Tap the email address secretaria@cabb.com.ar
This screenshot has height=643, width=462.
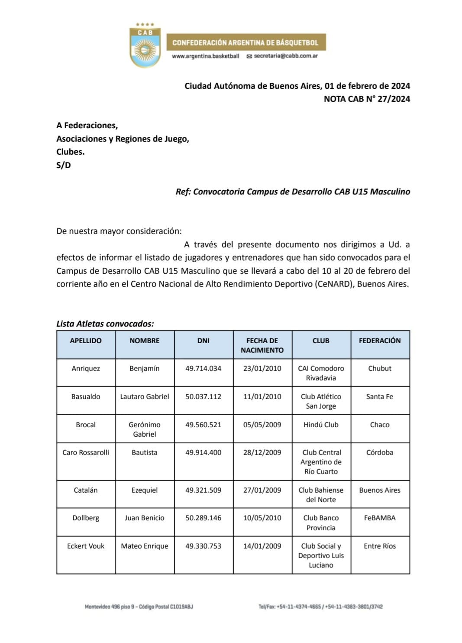pyautogui.click(x=286, y=56)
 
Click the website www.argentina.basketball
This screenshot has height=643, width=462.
pyautogui.click(x=205, y=56)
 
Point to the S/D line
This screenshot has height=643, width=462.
pyautogui.click(x=64, y=165)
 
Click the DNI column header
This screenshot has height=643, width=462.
pyautogui.click(x=204, y=341)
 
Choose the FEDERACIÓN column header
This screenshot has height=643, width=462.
pyautogui.click(x=380, y=341)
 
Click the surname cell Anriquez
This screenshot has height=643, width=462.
pyautogui.click(x=86, y=368)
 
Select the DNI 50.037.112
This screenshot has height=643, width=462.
pyautogui.click(x=204, y=396)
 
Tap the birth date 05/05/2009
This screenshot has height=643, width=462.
pyautogui.click(x=262, y=425)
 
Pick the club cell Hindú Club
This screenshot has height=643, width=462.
pyautogui.click(x=321, y=425)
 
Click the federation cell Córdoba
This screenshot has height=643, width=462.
pyautogui.click(x=380, y=452)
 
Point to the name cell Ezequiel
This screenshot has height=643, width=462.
pyautogui.click(x=145, y=490)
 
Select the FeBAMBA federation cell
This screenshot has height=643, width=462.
pyautogui.click(x=380, y=518)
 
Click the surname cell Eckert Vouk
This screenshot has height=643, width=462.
pyautogui.click(x=86, y=546)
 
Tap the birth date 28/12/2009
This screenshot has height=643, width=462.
pyautogui.click(x=262, y=452)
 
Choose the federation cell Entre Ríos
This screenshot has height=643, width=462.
pyautogui.click(x=380, y=546)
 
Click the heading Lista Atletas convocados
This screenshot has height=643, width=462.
pyautogui.click(x=105, y=324)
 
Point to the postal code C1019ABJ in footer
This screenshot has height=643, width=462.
pyautogui.click(x=181, y=607)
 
